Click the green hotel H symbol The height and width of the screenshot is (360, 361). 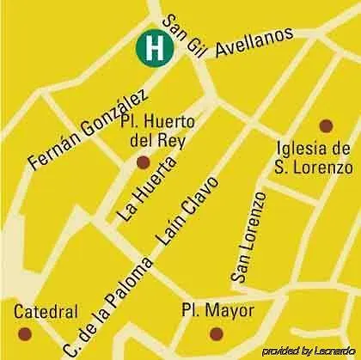(x=154, y=47)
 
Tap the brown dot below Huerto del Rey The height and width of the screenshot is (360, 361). (x=144, y=162)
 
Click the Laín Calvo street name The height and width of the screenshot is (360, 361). (x=187, y=211)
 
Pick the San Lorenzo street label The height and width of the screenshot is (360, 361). (x=247, y=235)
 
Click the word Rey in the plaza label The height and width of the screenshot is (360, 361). (x=174, y=139)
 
